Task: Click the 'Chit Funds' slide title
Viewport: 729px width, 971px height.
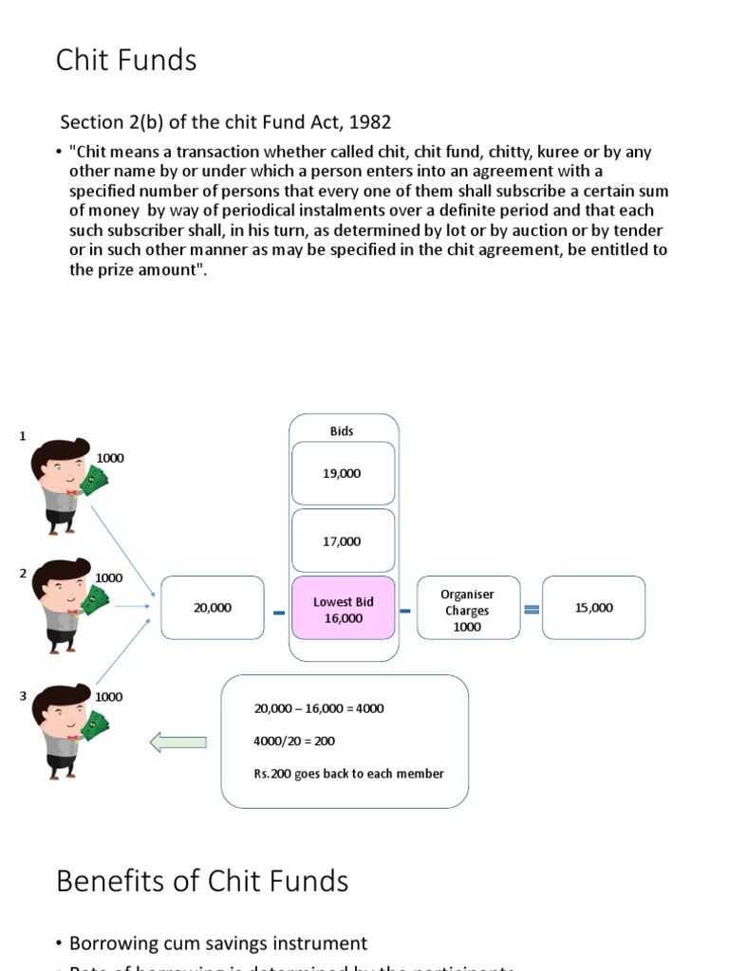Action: [126, 60]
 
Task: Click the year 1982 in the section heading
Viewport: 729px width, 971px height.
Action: [370, 122]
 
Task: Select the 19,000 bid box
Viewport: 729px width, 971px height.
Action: [342, 473]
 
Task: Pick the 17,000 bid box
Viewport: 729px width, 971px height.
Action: [342, 540]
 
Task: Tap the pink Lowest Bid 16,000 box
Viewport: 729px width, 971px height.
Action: [343, 609]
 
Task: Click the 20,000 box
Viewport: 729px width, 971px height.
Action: [213, 608]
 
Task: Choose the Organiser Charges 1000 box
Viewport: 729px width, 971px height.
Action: [467, 610]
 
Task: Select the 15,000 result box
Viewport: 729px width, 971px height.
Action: [593, 608]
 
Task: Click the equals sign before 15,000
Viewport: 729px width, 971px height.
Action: [532, 609]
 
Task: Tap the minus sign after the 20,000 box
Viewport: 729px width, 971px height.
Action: [278, 613]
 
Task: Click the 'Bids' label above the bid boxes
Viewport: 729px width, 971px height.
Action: [342, 431]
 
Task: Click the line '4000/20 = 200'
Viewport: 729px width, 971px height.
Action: [294, 741]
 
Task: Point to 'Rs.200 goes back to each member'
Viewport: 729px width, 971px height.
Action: [348, 774]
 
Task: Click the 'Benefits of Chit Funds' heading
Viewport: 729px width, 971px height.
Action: [202, 881]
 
